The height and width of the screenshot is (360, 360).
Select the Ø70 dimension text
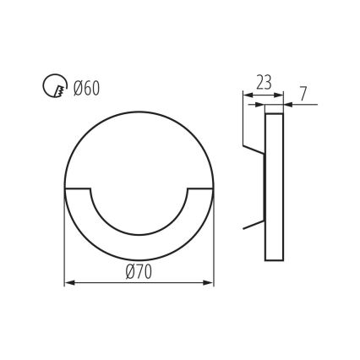click(139, 271)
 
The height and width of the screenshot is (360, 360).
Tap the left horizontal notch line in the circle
click(79, 187)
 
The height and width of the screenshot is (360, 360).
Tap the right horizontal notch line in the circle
click(200, 187)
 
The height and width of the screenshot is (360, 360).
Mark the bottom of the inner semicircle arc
click(139, 237)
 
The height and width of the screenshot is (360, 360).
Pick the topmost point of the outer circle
click(139, 112)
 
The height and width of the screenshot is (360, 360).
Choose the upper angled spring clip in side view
click(254, 150)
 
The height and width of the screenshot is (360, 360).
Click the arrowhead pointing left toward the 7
click(288, 104)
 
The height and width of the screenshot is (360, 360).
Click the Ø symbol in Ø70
click(130, 271)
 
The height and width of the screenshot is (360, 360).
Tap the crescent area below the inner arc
click(139, 249)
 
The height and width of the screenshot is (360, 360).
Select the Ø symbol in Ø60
click(77, 87)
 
